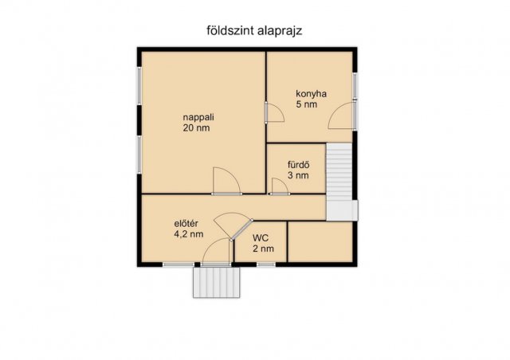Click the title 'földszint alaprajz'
tap(254, 31)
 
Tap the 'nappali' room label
tap(198, 117)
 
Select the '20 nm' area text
tap(196, 127)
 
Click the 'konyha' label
tap(311, 94)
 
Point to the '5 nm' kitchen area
tap(306, 104)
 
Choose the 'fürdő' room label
tap(298, 165)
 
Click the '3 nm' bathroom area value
tap(298, 175)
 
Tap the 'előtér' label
tap(186, 224)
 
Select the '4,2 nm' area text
tap(189, 234)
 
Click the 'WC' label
tap(261, 238)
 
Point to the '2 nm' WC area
tap(263, 248)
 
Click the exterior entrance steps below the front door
tap(216, 282)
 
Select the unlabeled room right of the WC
tap(320, 241)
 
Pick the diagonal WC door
tap(241, 230)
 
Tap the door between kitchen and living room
tap(275, 112)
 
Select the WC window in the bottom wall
tap(266, 264)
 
